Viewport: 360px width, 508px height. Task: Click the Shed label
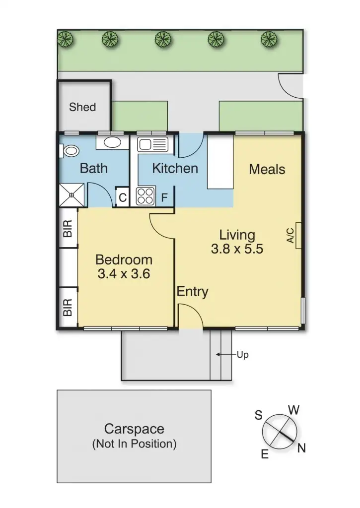(x=82, y=107)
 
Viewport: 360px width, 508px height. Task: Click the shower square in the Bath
(x=71, y=194)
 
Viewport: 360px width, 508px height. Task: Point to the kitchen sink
(x=153, y=144)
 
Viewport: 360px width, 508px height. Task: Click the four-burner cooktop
(x=146, y=195)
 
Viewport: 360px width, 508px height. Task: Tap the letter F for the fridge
(x=164, y=197)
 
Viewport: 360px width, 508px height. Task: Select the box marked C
(x=122, y=197)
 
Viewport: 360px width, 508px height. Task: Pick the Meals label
(x=267, y=169)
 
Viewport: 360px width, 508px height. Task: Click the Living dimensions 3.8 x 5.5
(x=237, y=249)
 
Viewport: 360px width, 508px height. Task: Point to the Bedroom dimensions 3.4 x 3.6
(x=124, y=273)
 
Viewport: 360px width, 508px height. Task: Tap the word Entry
(x=193, y=292)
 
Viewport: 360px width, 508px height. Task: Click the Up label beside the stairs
(x=242, y=355)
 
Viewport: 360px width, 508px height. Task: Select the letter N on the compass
(x=301, y=448)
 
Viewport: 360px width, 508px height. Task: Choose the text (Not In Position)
(x=134, y=444)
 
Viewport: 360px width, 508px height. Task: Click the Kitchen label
(x=175, y=168)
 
